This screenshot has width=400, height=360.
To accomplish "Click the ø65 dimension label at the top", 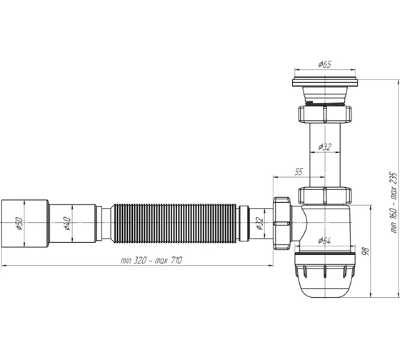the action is click(325, 64).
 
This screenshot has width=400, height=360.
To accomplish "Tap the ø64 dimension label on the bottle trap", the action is click(324, 241).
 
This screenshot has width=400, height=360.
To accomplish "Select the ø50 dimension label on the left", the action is click(19, 224).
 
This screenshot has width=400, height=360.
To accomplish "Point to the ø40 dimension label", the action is click(67, 224).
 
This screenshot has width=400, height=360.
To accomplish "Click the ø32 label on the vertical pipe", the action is click(325, 147).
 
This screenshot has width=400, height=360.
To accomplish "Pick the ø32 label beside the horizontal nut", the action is click(259, 224).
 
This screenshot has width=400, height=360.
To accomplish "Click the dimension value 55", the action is click(299, 171).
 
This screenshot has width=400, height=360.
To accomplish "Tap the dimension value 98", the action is click(366, 251).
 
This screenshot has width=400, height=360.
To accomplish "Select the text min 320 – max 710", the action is click(151, 261).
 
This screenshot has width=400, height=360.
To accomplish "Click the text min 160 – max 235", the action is click(394, 203).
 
